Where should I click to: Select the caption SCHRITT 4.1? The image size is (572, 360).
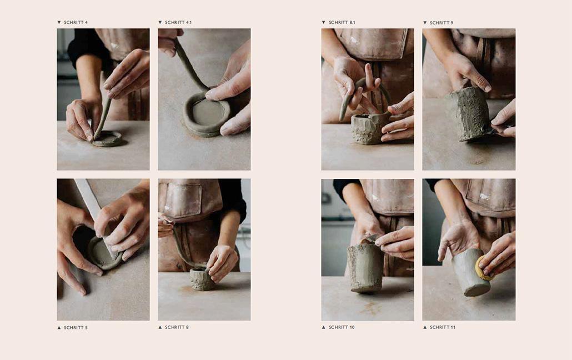coord(178,23)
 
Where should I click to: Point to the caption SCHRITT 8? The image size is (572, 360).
coord(177,327)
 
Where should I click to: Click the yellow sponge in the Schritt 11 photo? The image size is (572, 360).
coord(484,268)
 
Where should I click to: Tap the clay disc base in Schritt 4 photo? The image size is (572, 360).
coord(108,139)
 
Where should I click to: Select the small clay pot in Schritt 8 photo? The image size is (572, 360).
coord(201,279)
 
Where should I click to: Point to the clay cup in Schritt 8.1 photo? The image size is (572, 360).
coord(367,129)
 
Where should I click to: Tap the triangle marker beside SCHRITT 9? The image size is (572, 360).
coord(425,23)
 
